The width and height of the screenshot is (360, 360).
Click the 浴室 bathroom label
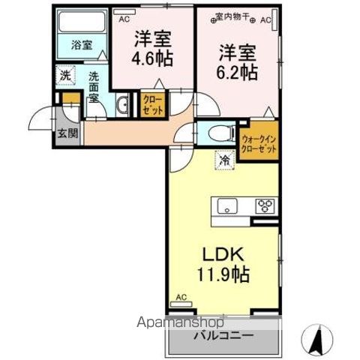(81, 45)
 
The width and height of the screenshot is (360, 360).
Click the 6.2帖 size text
(239, 72)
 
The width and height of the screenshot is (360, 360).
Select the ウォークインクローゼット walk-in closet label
(259, 143)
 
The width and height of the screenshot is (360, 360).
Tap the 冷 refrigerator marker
(223, 158)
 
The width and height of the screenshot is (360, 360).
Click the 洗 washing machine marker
(65, 75)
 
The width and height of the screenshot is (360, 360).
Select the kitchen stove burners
(266, 204)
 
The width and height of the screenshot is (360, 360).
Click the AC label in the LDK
(181, 298)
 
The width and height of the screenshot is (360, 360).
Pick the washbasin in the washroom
(122, 104)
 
